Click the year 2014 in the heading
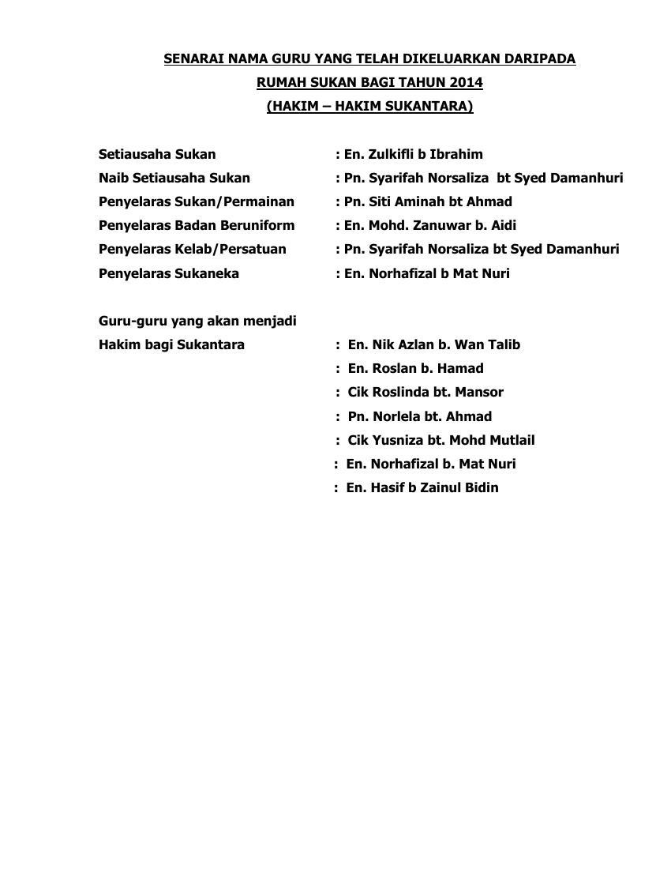pyautogui.click(x=466, y=82)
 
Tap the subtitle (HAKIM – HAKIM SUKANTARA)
pyautogui.click(x=369, y=106)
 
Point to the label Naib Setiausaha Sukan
pyautogui.click(x=174, y=178)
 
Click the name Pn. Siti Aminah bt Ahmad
pyautogui.click(x=428, y=201)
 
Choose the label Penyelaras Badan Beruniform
pyautogui.click(x=196, y=225)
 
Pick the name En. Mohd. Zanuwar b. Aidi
pyautogui.click(x=429, y=225)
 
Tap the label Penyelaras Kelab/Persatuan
pyautogui.click(x=192, y=249)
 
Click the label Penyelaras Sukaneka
pyautogui.click(x=168, y=273)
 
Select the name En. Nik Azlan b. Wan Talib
pyautogui.click(x=433, y=344)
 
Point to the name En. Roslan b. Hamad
pyautogui.click(x=415, y=368)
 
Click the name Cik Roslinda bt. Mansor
pyautogui.click(x=425, y=392)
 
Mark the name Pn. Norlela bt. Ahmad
pyautogui.click(x=419, y=416)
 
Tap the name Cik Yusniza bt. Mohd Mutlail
pyautogui.click(x=440, y=440)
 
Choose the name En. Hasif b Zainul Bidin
pyautogui.click(x=422, y=487)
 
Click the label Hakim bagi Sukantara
pyautogui.click(x=171, y=344)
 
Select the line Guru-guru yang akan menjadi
pyautogui.click(x=197, y=321)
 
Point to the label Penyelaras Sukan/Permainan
pyautogui.click(x=196, y=201)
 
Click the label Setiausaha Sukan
pyautogui.click(x=156, y=154)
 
